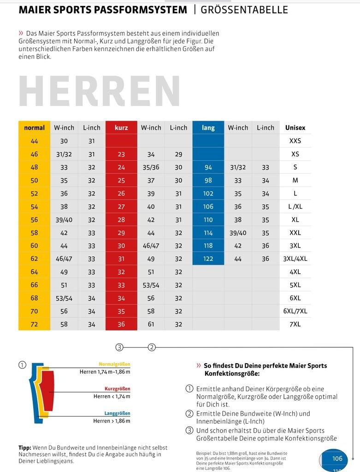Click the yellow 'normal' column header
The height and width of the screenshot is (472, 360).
pyautogui.click(x=34, y=128)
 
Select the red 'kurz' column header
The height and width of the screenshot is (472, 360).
pyautogui.click(x=121, y=128)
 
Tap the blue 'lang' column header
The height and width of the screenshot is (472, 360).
pyautogui.click(x=208, y=128)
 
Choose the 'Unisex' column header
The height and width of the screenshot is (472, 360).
pyautogui.click(x=295, y=128)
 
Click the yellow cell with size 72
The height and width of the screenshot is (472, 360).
pyautogui.click(x=34, y=324)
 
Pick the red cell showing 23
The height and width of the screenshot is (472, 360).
pyautogui.click(x=121, y=154)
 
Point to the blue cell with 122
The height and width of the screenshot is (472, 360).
pyautogui.click(x=208, y=259)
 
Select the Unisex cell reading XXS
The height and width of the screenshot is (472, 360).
pyautogui.click(x=295, y=141)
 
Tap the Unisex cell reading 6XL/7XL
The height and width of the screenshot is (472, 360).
pyautogui.click(x=295, y=311)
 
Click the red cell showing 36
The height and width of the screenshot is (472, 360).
pyautogui.click(x=121, y=324)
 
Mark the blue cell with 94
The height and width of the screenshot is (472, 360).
pyautogui.click(x=208, y=167)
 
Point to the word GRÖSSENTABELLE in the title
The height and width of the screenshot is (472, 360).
pyautogui.click(x=244, y=10)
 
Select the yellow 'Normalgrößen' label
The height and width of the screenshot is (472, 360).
pyautogui.click(x=114, y=364)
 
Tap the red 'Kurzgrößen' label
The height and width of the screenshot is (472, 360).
pyautogui.click(x=117, y=389)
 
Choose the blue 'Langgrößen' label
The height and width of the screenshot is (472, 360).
pyautogui.click(x=117, y=413)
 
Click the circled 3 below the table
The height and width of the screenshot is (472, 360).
pyautogui.click(x=119, y=347)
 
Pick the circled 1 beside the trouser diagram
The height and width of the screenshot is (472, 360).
pyautogui.click(x=22, y=365)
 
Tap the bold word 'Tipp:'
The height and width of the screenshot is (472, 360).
pyautogui.click(x=25, y=448)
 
